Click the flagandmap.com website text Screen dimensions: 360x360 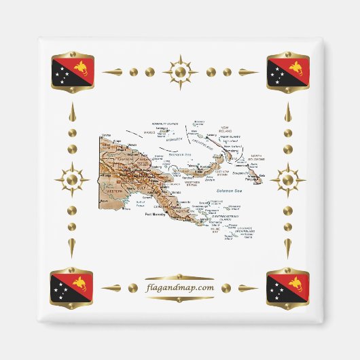click(179, 288)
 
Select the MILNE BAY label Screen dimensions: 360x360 click(216, 230)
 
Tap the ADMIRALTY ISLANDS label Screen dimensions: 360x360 click(165, 122)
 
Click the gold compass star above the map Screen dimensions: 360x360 click(180, 71)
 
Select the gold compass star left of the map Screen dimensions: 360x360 click(72, 180)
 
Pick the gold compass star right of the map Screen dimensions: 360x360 click(287, 180)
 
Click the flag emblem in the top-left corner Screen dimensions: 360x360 click(71, 72)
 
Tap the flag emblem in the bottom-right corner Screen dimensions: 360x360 click(287, 287)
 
